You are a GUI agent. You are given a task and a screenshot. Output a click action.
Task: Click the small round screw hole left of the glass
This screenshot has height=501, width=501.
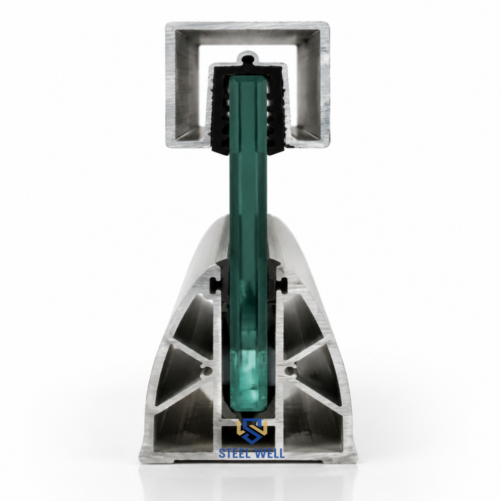tap(207, 371)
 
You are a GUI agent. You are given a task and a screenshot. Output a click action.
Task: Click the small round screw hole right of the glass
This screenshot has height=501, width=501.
tap(290, 371)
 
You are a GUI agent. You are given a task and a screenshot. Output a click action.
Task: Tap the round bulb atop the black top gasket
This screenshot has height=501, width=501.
tap(247, 60)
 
